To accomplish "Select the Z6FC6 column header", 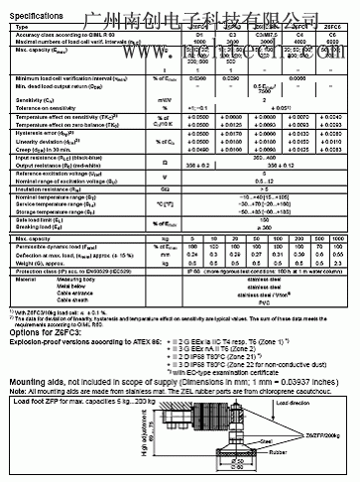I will (x=332, y=26).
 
